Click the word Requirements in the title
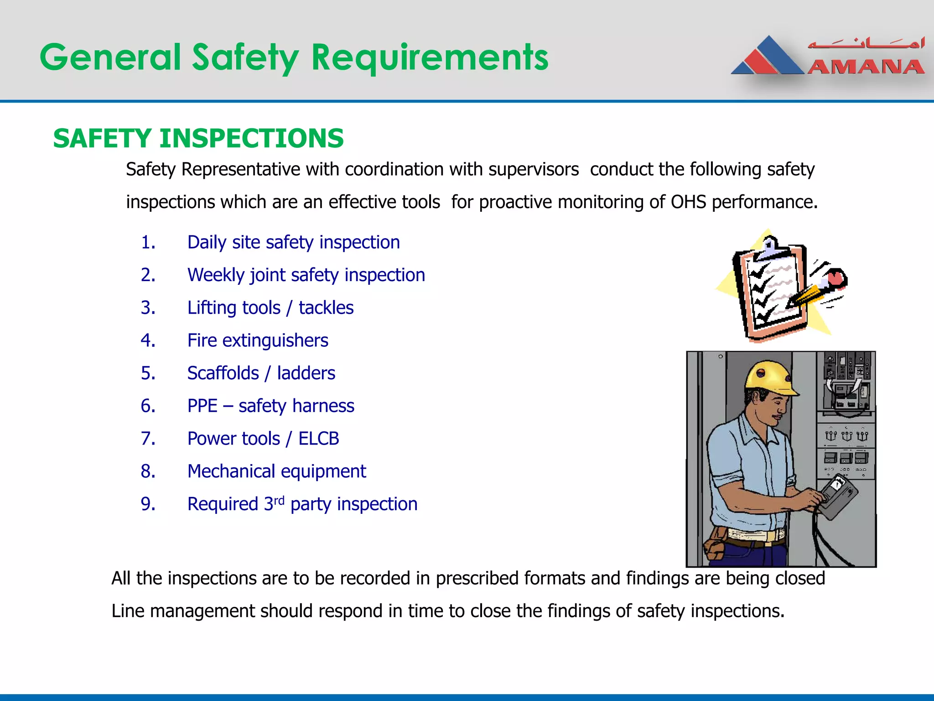click(x=430, y=58)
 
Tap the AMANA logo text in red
click(x=866, y=67)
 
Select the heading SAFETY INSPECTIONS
click(x=198, y=138)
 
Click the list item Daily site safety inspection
click(x=293, y=242)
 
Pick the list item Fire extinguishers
click(x=258, y=340)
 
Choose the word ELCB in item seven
click(x=318, y=439)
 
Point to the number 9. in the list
click(x=148, y=504)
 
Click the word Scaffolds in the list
click(x=223, y=373)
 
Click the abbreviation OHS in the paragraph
click(x=688, y=202)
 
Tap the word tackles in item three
click(x=326, y=308)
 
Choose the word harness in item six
click(x=328, y=406)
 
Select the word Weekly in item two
click(x=216, y=275)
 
